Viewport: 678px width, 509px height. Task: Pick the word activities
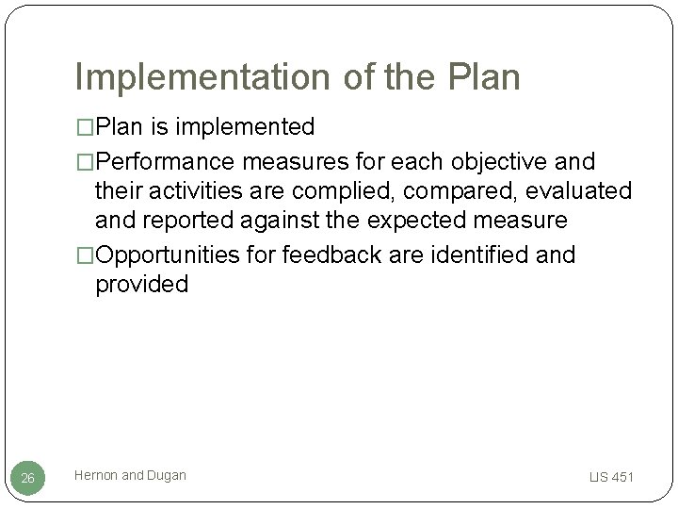pos(202,190)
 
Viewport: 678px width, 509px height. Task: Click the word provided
pos(141,285)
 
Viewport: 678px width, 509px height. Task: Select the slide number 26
pos(27,479)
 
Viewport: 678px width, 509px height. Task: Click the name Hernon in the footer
pos(96,476)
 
